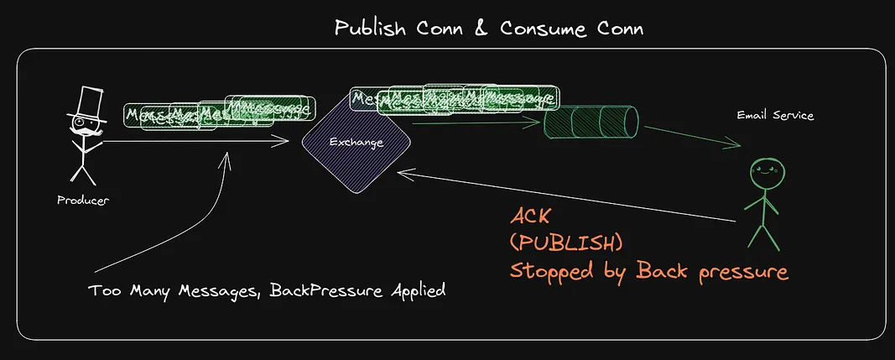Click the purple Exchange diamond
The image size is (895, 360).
click(356, 143)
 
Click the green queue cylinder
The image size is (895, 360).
click(591, 125)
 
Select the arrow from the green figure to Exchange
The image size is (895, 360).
click(570, 196)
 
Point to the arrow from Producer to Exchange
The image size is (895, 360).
click(201, 142)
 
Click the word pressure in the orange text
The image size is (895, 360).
click(740, 271)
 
